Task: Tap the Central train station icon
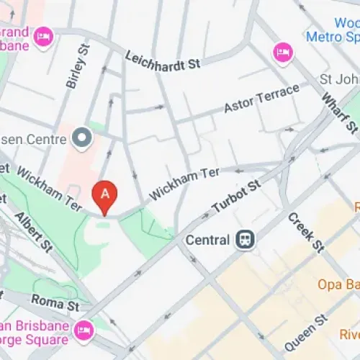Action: coord(244,240)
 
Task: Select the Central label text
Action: coord(207,240)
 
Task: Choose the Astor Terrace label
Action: coord(261,98)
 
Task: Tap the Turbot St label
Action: coord(236,197)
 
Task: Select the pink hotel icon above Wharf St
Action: coord(282,52)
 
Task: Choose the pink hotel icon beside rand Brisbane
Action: coord(43,35)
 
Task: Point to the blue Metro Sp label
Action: coord(332,36)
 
